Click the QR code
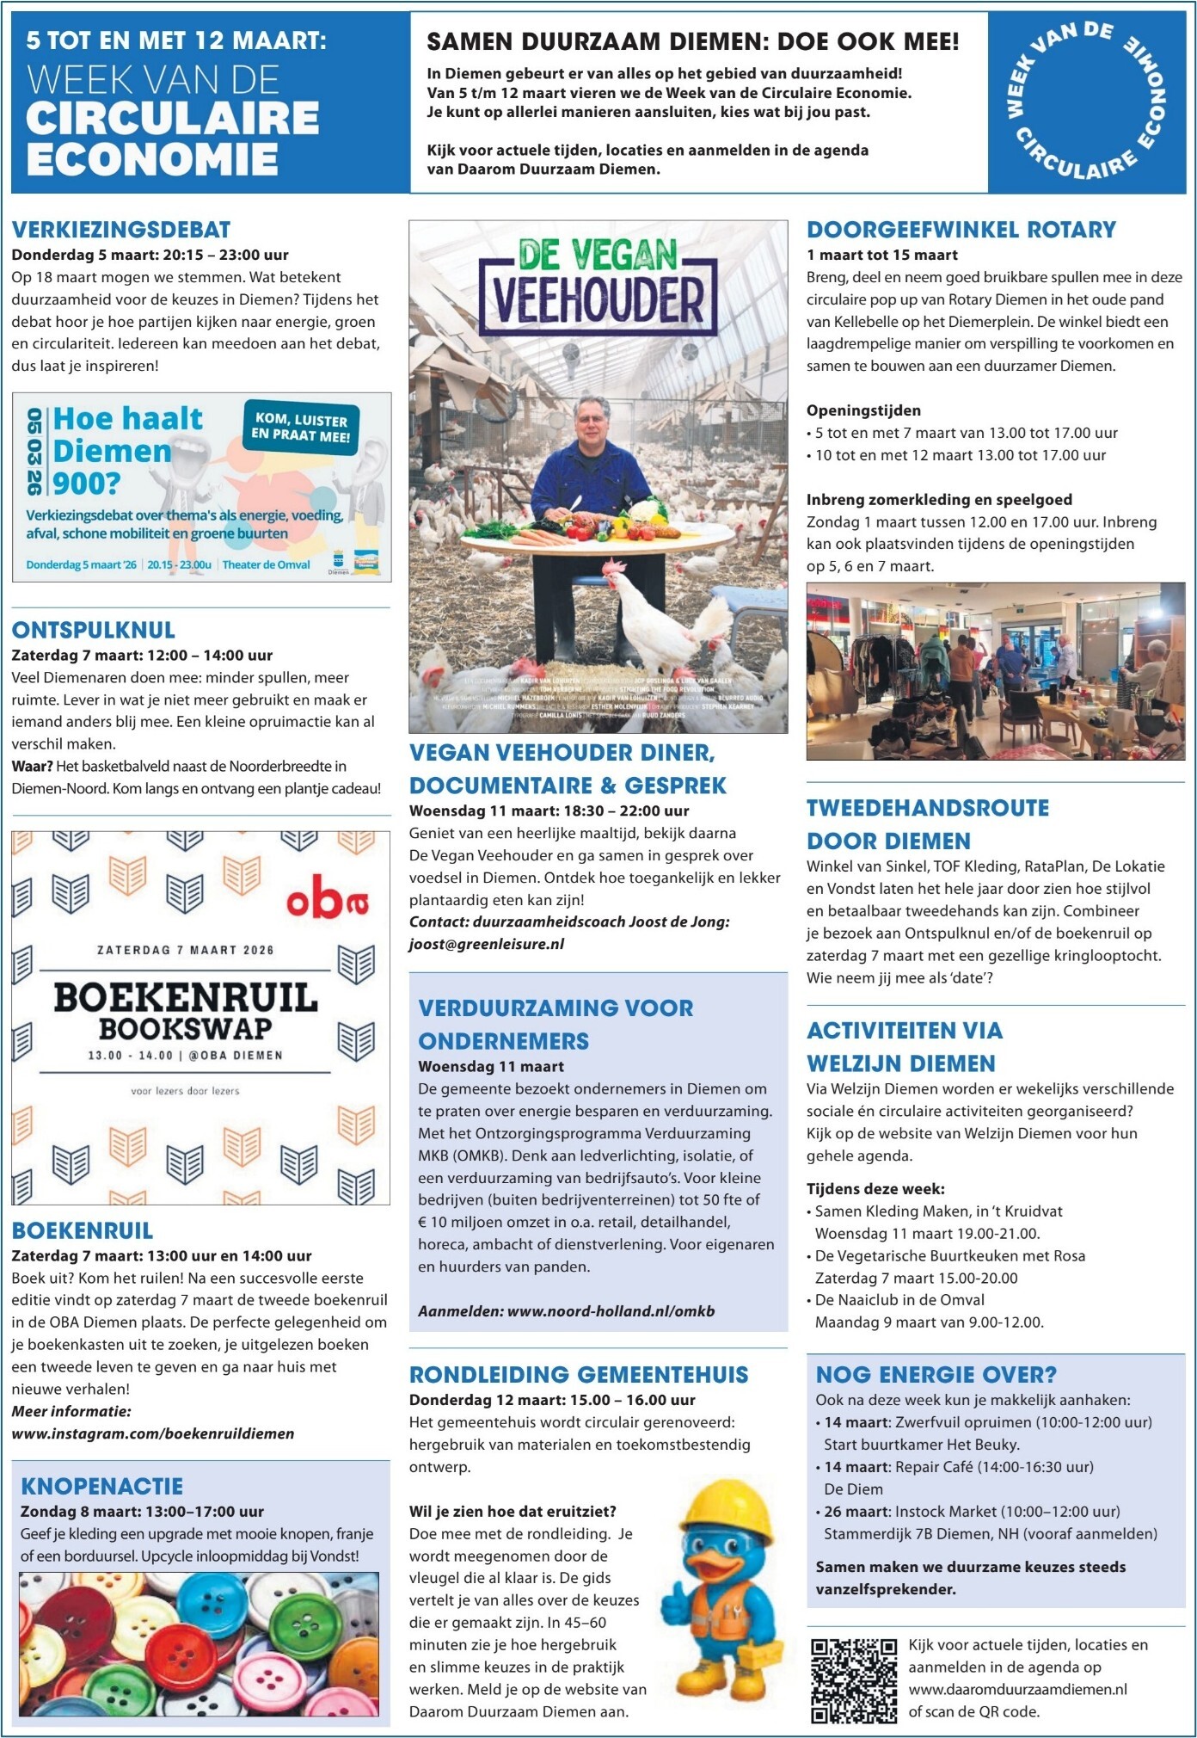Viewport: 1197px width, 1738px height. [x=854, y=1679]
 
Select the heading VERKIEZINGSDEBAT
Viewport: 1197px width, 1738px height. [x=121, y=230]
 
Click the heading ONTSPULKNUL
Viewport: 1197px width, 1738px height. [x=94, y=630]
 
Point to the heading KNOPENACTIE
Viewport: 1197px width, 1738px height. [x=102, y=1486]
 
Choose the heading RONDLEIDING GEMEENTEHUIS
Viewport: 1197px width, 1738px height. [x=579, y=1374]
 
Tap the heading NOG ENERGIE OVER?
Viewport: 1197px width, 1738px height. [x=936, y=1374]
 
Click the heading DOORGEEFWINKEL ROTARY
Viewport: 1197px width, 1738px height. [x=961, y=230]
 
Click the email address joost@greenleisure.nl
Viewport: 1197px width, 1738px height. [x=487, y=944]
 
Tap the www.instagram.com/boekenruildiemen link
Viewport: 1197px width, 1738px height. [x=153, y=1433]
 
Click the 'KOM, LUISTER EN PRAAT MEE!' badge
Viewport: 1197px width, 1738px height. [x=301, y=428]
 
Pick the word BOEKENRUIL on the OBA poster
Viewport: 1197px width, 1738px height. [x=186, y=998]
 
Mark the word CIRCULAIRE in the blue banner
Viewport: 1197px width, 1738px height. [x=172, y=119]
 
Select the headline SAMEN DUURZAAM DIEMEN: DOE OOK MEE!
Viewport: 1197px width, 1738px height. [x=693, y=42]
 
